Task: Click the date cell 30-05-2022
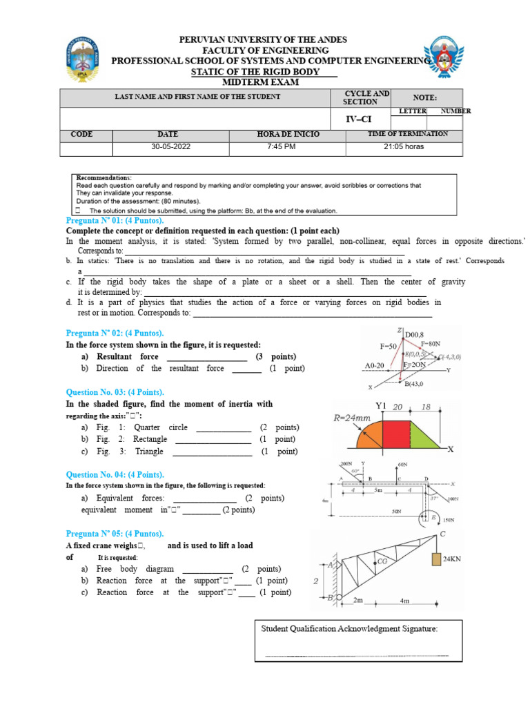(x=170, y=147)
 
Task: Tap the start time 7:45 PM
(x=288, y=147)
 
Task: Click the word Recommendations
(x=103, y=177)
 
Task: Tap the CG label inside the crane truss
(x=384, y=562)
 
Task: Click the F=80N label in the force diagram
(x=429, y=343)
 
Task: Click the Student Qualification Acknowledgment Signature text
(x=349, y=628)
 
